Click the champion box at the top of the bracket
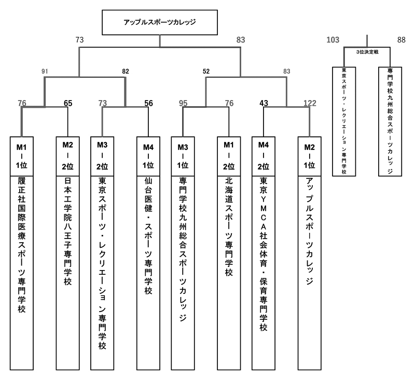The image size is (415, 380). pos(160,22)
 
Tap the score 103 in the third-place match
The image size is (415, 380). pos(333,39)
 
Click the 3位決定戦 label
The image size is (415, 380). pos(367,52)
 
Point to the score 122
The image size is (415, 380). pos(310,103)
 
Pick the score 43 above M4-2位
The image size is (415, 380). pos(264,103)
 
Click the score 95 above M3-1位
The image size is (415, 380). pos(183,103)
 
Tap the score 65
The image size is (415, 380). pos(68,103)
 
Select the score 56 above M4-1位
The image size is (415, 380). pos(148,103)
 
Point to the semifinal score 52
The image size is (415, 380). pos(206,72)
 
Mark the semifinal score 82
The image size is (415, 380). pos(125,72)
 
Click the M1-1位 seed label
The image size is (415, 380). pos(22,156)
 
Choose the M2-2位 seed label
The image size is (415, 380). pos(68,156)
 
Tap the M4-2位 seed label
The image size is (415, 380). pos(264,156)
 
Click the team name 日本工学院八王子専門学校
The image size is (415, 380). pos(68,231)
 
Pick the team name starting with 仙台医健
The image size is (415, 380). pos(148,236)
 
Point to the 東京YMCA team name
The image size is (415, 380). pos(264,255)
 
